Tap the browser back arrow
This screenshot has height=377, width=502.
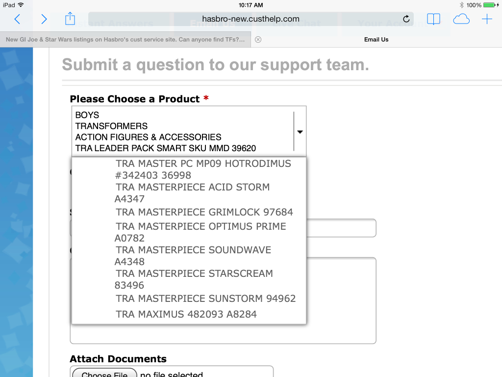pyautogui.click(x=17, y=19)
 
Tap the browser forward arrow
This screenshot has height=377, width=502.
pyautogui.click(x=44, y=19)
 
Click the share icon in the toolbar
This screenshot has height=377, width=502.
pyautogui.click(x=70, y=19)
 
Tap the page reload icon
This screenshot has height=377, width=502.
pyautogui.click(x=406, y=19)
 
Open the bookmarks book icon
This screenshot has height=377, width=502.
pyautogui.click(x=433, y=19)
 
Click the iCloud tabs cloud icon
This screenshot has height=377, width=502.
pyautogui.click(x=461, y=19)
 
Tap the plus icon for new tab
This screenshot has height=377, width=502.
pyautogui.click(x=487, y=19)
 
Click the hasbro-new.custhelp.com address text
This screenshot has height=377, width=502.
pyautogui.click(x=251, y=19)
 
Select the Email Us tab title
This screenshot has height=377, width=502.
pyautogui.click(x=376, y=40)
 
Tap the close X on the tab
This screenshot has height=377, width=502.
pyautogui.click(x=258, y=40)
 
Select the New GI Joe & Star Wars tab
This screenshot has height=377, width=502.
pyautogui.click(x=125, y=40)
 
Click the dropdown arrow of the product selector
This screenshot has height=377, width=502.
pyautogui.click(x=300, y=132)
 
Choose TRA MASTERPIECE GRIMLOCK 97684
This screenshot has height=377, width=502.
pyautogui.click(x=204, y=213)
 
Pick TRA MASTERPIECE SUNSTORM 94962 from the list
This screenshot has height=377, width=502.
pyautogui.click(x=206, y=298)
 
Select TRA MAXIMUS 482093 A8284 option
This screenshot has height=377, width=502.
pyautogui.click(x=186, y=314)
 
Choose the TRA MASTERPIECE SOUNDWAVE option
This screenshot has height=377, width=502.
pyautogui.click(x=193, y=255)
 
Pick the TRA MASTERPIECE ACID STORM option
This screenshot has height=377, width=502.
pyautogui.click(x=193, y=192)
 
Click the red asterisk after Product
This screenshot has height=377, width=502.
pyautogui.click(x=206, y=98)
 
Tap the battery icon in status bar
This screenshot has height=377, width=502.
pyautogui.click(x=490, y=5)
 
